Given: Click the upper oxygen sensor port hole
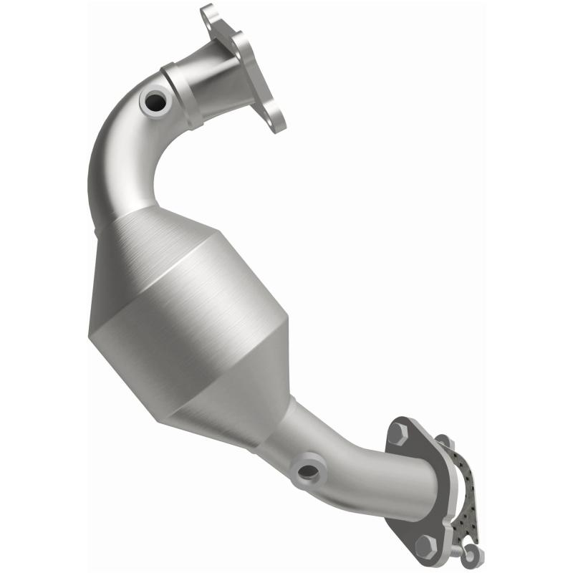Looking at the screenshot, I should point(155,102).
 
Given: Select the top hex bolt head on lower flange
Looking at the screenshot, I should point(398,433).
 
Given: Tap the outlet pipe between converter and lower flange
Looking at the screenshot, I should point(351,466).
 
